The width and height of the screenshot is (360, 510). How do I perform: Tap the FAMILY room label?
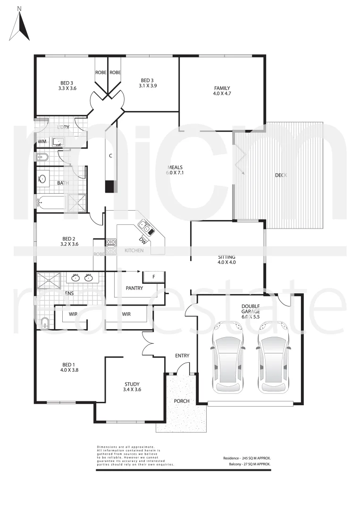(222, 88)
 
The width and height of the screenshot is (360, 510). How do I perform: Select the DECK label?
(281, 175)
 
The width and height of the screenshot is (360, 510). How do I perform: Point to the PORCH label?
(182, 401)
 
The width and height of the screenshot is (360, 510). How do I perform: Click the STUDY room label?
(132, 384)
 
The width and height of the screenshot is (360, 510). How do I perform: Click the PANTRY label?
(134, 288)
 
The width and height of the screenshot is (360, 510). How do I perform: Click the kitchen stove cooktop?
(111, 243)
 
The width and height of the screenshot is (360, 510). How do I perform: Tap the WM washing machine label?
(42, 141)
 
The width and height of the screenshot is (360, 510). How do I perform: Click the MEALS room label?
(175, 167)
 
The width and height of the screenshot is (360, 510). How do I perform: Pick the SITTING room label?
(226, 257)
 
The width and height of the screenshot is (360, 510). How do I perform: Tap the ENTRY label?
(182, 355)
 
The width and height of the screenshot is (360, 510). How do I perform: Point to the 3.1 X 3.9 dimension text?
(148, 85)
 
